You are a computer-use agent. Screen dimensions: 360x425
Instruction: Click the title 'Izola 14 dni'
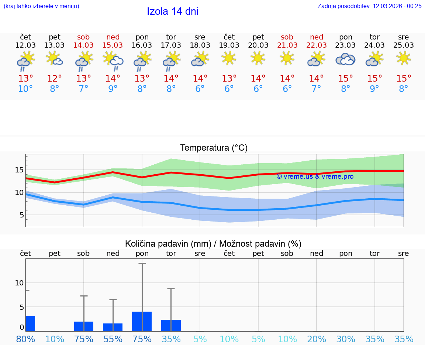point(172,11)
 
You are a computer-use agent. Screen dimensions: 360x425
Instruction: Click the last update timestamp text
point(369,6)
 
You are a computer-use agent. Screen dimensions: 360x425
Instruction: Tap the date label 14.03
point(83,45)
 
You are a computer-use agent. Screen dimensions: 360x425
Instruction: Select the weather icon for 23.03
point(345,59)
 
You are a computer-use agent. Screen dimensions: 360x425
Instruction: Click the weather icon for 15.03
point(113,60)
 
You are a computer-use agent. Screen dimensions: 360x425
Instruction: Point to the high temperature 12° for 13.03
point(54,79)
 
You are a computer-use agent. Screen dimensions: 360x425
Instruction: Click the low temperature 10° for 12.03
point(25,89)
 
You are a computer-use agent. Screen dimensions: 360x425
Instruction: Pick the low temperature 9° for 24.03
point(374,89)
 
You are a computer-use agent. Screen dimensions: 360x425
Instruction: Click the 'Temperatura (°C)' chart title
point(214,148)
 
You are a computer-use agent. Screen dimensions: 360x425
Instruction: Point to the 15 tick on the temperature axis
point(19,170)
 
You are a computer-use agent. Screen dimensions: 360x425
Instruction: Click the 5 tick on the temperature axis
point(21,215)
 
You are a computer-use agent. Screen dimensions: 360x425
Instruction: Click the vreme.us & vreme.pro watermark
point(315,176)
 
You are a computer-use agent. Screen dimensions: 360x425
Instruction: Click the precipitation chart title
point(213,244)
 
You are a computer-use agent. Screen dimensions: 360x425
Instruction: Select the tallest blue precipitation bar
point(142,321)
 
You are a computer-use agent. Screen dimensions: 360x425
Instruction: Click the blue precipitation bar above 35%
point(171,325)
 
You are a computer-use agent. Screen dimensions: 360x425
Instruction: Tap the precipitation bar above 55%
point(113,327)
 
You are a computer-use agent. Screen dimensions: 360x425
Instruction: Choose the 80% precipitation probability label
point(25,339)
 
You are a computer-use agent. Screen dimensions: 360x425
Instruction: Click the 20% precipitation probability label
point(316,339)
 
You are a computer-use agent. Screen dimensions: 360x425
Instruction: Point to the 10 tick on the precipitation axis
point(19,283)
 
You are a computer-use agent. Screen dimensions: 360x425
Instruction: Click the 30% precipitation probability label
point(345,339)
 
